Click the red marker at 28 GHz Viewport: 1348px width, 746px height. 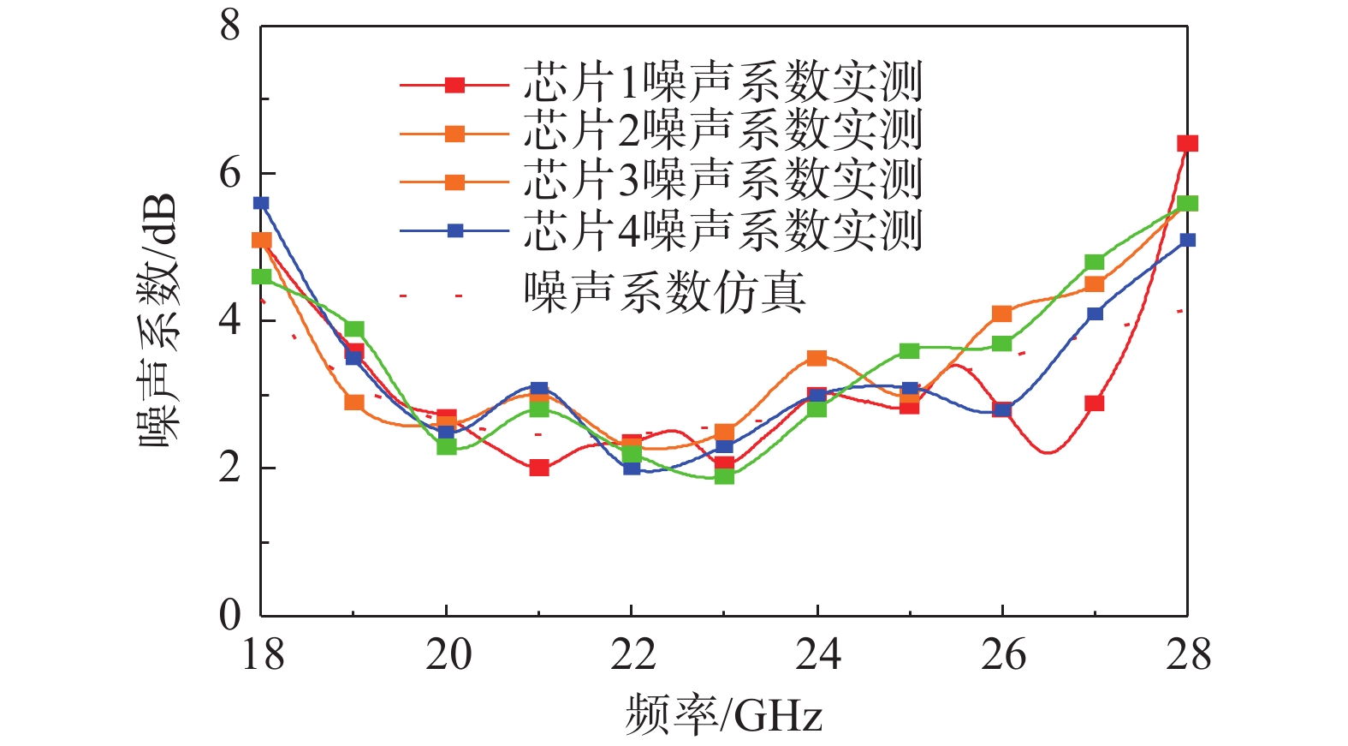tap(1187, 143)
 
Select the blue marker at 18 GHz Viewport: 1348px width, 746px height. tap(261, 203)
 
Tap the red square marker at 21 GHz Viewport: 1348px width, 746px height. tap(538, 468)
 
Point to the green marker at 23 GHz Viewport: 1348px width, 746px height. tap(724, 475)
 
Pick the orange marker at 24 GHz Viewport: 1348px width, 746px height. tap(817, 358)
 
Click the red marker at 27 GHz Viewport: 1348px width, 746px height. tap(1094, 403)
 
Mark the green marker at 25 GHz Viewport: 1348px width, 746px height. tap(909, 350)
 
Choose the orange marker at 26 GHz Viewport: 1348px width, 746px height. tap(1002, 313)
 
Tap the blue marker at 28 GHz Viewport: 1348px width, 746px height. tap(1187, 240)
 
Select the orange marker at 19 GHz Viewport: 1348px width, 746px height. tap(353, 402)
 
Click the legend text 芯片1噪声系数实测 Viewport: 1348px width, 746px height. tap(723, 83)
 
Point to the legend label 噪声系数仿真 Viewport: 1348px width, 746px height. tap(665, 292)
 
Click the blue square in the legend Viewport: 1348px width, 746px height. tap(455, 230)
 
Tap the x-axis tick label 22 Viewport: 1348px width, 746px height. tap(632, 655)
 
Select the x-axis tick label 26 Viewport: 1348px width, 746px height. tap(1002, 655)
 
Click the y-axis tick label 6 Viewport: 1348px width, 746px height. tap(230, 174)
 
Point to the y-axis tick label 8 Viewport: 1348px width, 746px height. tap(230, 26)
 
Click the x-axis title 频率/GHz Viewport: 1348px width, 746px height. tap(723, 714)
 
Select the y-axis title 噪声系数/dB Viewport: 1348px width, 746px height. tap(159, 320)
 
